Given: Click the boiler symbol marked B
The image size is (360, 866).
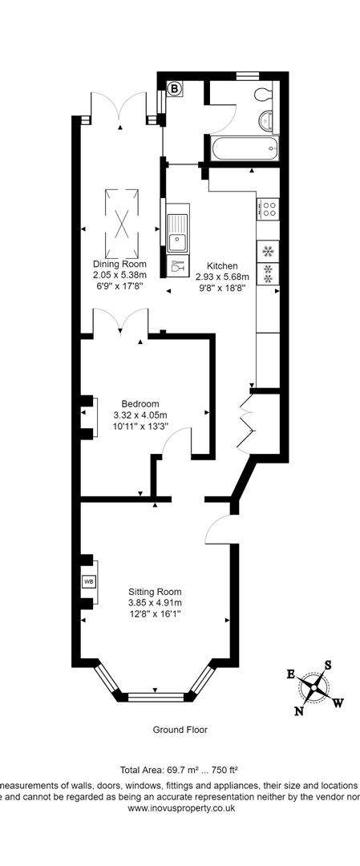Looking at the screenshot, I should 174,89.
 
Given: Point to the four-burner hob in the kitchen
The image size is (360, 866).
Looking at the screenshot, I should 268,210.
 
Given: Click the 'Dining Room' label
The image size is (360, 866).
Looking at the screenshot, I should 119,265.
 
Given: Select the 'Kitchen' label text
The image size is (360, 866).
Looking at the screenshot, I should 221,265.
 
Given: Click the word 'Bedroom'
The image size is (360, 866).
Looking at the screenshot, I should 140,403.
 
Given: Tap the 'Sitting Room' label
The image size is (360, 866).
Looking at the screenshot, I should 155,592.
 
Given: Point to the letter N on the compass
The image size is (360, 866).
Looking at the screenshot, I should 300,710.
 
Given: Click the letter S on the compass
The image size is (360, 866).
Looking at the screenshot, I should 327,664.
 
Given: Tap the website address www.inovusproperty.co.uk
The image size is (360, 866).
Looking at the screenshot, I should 180,808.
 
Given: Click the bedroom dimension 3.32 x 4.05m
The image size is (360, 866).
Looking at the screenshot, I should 140,415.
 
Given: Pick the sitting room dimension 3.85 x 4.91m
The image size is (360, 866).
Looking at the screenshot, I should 155,603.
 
